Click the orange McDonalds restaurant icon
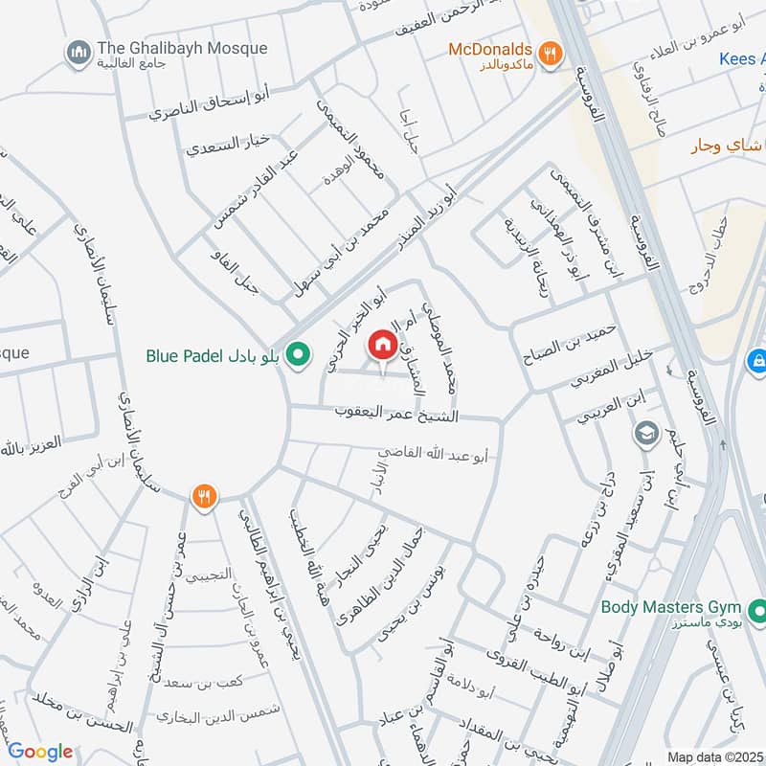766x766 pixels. click(x=549, y=54)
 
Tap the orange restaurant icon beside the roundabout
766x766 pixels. click(x=203, y=496)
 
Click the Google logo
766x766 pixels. click(x=40, y=752)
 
